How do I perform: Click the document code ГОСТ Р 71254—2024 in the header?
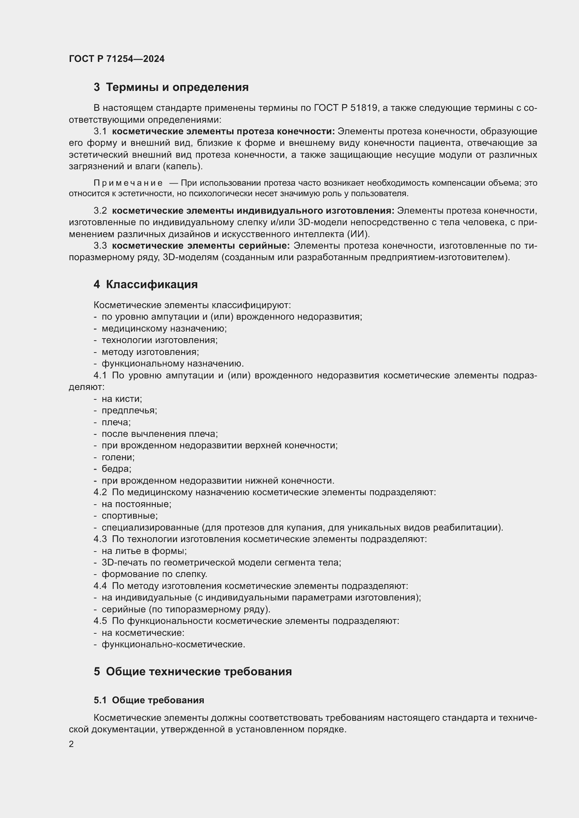point(117,59)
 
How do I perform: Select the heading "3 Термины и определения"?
point(171,87)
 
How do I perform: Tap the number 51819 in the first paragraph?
point(364,108)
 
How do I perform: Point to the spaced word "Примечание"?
point(128,183)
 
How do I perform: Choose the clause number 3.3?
point(100,246)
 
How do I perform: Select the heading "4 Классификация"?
point(146,284)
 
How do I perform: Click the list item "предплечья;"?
point(129,411)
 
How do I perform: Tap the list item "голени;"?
point(118,457)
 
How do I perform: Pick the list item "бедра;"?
point(116,469)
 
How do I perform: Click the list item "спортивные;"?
point(130,515)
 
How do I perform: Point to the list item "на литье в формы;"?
point(144,551)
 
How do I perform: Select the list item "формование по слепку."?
point(154,574)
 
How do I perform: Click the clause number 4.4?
point(100,586)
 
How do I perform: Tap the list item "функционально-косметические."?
point(173,645)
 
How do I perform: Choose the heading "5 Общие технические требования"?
point(193,671)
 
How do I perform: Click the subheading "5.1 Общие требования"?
point(149,700)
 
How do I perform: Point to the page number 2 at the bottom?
point(71,744)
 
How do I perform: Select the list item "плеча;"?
point(116,422)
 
